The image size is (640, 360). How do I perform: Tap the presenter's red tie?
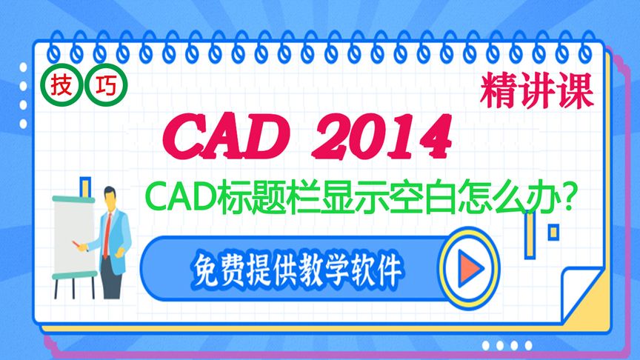click(108, 233)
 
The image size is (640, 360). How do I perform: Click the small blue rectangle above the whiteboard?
click(85, 186)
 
